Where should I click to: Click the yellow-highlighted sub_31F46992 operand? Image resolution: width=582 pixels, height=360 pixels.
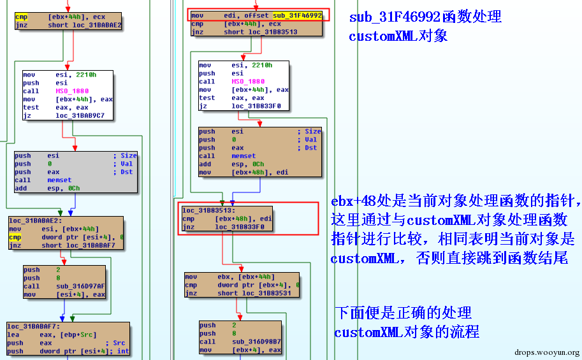[297, 15]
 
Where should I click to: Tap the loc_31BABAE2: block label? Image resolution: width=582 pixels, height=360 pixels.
[36, 220]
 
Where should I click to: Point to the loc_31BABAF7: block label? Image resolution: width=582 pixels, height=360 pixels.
[33, 326]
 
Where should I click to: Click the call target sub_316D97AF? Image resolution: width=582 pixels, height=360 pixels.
[80, 286]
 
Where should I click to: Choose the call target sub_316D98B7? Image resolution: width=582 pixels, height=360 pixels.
[256, 342]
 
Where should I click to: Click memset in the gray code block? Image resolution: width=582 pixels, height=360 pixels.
[59, 180]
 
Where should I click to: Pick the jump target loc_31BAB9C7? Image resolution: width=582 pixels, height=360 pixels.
[80, 115]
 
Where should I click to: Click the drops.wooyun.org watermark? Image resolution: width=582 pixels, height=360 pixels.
[547, 352]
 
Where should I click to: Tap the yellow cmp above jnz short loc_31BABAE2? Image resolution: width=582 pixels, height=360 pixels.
[21, 17]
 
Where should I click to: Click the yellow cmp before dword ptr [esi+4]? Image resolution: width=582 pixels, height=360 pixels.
[15, 237]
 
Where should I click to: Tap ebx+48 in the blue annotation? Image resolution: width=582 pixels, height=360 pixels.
[353, 201]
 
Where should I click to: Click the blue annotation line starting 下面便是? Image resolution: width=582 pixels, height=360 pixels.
[403, 313]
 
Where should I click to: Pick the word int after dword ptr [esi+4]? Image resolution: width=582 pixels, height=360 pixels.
[123, 351]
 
